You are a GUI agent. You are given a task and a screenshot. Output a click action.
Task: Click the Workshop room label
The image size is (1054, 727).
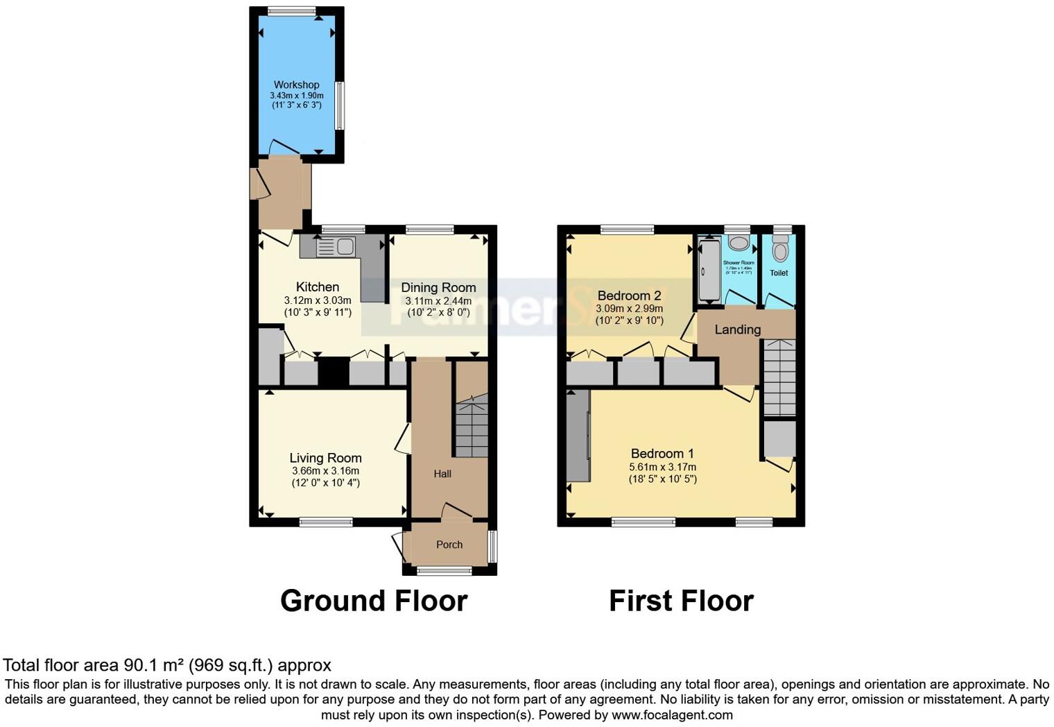(296, 85)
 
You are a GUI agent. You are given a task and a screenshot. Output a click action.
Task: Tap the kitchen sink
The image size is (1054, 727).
(336, 246)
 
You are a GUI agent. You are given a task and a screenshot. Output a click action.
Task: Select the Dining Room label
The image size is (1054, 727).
(438, 287)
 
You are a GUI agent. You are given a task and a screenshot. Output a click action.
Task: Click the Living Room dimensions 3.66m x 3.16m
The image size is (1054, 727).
(325, 471)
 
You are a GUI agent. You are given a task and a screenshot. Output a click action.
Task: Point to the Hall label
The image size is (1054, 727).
(442, 474)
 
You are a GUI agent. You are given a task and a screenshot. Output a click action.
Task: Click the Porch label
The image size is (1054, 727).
(449, 545)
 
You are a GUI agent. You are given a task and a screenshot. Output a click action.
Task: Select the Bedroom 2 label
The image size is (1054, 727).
(629, 296)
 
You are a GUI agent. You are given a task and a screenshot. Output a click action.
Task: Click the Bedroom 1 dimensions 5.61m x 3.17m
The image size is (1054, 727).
(662, 467)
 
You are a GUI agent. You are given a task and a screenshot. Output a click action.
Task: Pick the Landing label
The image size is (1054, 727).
(738, 330)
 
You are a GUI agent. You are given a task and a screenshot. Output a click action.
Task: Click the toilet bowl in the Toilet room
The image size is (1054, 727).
(780, 250)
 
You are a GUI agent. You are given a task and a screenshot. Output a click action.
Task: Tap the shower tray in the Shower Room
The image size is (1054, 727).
(709, 271)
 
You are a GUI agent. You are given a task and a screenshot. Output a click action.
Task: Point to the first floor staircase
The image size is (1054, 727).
(779, 378)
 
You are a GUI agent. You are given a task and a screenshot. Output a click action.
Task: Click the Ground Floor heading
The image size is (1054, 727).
(374, 601)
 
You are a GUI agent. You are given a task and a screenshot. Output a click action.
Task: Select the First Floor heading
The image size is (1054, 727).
(681, 601)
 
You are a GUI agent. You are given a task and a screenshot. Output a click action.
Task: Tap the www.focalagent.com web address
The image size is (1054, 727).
(671, 715)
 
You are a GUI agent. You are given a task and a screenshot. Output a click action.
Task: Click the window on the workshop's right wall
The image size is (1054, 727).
(339, 105)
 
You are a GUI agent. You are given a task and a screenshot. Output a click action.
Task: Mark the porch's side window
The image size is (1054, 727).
(492, 547)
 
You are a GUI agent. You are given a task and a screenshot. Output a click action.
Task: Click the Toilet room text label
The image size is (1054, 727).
(779, 273)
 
